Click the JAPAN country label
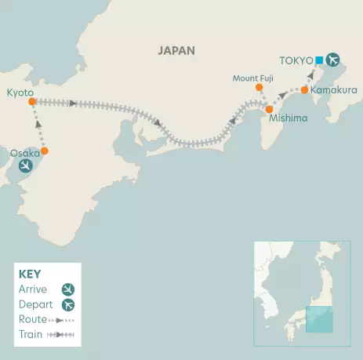pos(176,50)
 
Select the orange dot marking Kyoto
pos(31,101)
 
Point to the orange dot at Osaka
pos(45,151)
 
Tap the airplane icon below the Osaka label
pos(26,166)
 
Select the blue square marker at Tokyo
pos(319,60)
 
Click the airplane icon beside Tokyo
pos(333,60)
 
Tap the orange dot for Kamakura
pos(304,89)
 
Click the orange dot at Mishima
pos(269,110)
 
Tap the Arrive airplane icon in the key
pos(68,289)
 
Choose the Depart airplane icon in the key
pos(68,305)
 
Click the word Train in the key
pos(29,335)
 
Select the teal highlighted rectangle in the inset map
pos(318,318)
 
